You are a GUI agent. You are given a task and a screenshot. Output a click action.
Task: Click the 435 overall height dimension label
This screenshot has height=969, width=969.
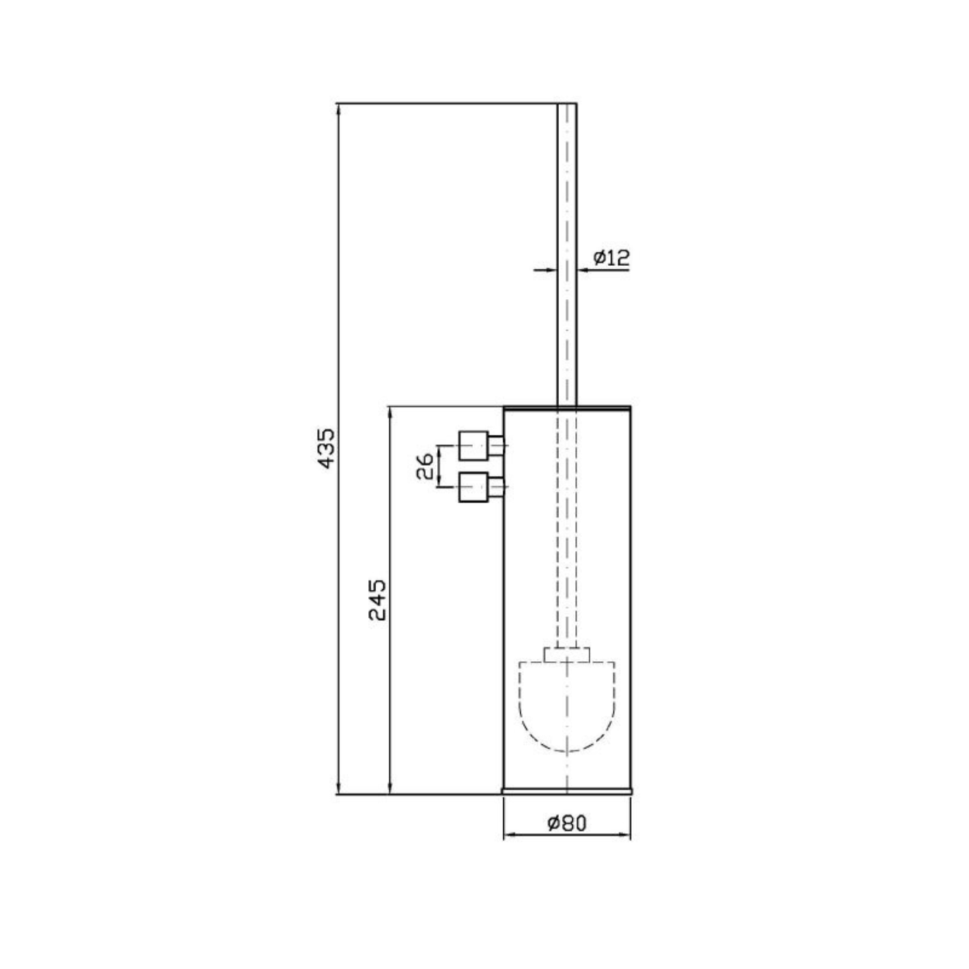pos(327,448)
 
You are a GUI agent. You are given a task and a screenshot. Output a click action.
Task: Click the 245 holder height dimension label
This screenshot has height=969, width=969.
pos(378,601)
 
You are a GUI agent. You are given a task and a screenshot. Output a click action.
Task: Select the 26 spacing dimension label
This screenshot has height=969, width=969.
pos(426,466)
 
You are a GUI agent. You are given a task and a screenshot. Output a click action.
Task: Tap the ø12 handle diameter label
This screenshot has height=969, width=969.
pos(611,257)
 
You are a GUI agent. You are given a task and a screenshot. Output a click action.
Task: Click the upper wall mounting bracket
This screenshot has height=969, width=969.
pos(481,445)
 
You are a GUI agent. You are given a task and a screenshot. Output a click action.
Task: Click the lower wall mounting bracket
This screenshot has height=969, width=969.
pos(481,488)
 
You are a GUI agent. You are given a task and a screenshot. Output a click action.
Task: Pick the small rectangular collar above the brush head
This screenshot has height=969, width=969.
pos(567,655)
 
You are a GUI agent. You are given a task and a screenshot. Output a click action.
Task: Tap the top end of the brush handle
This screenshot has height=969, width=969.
pos(567,104)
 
